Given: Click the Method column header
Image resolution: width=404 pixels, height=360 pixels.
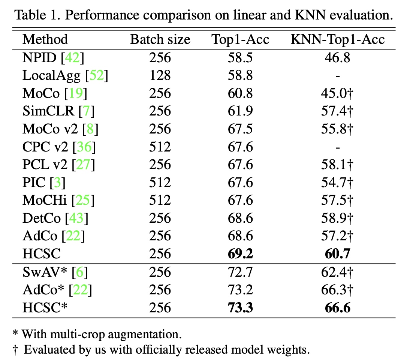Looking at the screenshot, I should click(45, 39).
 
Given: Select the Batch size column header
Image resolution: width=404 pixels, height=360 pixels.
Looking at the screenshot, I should click(160, 39).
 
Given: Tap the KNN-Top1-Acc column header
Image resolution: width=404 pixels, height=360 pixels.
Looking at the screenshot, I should click(338, 39).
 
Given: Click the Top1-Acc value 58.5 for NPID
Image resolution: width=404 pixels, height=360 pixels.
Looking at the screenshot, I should click(240, 58).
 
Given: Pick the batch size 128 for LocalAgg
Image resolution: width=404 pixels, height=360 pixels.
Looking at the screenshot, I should click(160, 76).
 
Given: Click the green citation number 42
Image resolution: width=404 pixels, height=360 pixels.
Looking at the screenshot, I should click(75, 58).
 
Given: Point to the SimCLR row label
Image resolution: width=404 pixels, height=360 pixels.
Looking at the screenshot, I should click(48, 111).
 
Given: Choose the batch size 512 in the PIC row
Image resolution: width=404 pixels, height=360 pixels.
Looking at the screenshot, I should click(160, 183).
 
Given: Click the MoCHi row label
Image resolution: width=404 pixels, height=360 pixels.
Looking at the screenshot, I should click(45, 201).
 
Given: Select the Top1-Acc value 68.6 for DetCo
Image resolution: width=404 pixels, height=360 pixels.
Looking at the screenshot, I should click(240, 219).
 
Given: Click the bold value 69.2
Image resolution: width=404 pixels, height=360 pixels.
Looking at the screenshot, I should click(240, 254).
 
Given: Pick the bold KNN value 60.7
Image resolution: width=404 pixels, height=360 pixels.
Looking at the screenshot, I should click(338, 254).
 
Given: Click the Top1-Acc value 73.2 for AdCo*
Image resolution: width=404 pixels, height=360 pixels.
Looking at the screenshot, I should click(240, 290).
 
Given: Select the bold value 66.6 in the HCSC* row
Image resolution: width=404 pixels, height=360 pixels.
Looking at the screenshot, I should click(338, 308).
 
